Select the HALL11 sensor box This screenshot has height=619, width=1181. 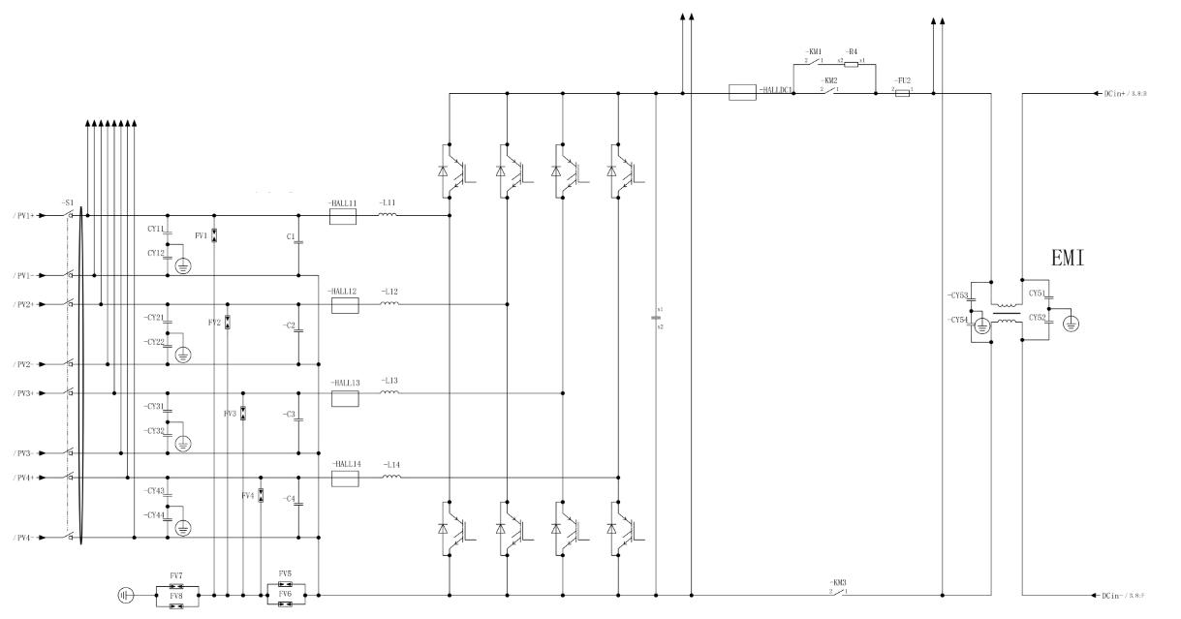[344, 216]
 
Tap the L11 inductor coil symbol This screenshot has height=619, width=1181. [388, 216]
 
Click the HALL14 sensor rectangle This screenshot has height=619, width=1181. [345, 478]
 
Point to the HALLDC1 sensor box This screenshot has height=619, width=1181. [742, 94]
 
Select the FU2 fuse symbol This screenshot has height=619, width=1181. [903, 94]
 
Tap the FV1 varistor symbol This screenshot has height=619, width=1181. [214, 235]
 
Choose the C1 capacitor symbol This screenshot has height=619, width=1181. [298, 242]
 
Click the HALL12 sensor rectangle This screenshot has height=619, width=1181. [345, 305]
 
